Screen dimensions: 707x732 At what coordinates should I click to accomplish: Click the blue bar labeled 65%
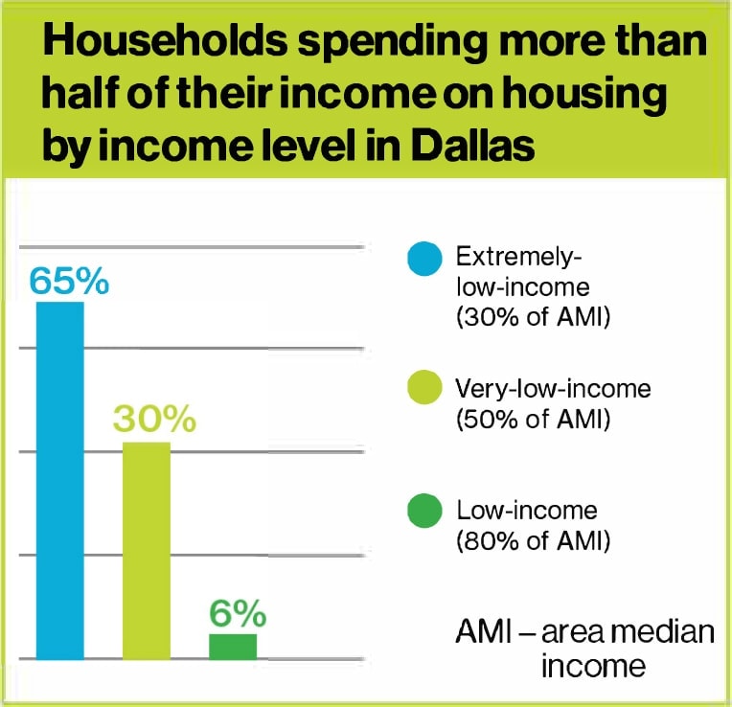(x=59, y=479)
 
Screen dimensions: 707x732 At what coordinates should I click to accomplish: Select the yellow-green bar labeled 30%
(x=147, y=550)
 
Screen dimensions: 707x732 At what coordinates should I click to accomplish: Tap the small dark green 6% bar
(x=233, y=647)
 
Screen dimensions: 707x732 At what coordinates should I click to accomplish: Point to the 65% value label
(x=69, y=281)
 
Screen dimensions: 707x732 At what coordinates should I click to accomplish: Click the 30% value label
(x=154, y=420)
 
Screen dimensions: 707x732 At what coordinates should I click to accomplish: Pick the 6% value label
(x=238, y=612)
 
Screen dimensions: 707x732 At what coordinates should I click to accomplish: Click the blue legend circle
(x=424, y=259)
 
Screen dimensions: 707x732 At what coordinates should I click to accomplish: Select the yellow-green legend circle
(x=424, y=389)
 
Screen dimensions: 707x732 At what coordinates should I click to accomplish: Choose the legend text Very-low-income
(x=553, y=389)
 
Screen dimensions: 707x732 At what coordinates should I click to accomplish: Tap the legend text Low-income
(x=526, y=510)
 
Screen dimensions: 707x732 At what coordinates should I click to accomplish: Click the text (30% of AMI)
(x=533, y=319)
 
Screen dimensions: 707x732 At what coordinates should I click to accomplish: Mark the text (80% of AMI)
(x=533, y=541)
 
